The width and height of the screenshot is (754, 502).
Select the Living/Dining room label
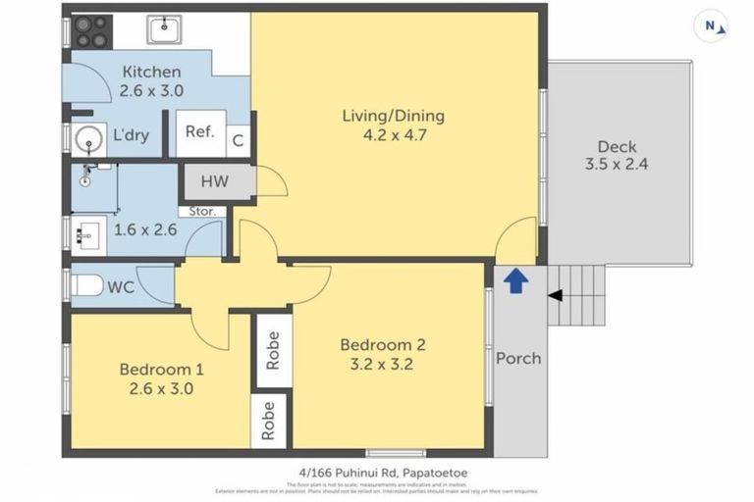[393, 116]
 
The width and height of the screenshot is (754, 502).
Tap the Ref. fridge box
[200, 132]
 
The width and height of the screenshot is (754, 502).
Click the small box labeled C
[238, 141]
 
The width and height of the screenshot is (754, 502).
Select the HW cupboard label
[215, 181]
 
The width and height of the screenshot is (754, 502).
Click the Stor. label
[202, 211]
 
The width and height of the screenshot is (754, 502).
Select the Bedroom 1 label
[162, 370]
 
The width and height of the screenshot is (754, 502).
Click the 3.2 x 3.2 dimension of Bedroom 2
[383, 364]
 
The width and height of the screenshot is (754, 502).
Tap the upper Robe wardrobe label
[272, 350]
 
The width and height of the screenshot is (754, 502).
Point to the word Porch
[517, 358]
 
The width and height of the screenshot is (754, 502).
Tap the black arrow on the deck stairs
[556, 295]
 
